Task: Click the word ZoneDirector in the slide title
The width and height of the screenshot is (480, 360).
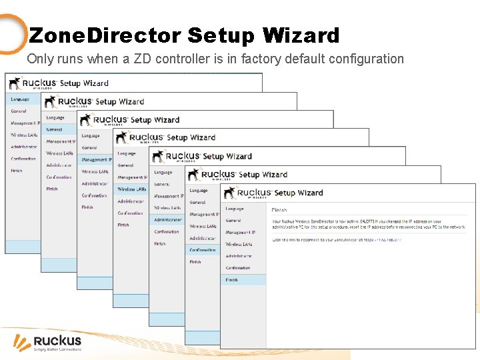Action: click(105, 35)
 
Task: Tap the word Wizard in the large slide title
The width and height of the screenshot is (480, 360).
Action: click(301, 35)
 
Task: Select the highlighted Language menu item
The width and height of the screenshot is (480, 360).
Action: click(20, 99)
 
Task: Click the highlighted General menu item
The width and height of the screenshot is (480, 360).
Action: click(55, 129)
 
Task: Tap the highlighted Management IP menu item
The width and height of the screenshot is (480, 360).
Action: click(96, 160)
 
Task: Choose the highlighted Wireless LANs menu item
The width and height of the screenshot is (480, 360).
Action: click(131, 189)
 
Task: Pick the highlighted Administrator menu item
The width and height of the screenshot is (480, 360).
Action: click(167, 219)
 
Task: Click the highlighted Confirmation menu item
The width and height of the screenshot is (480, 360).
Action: click(203, 250)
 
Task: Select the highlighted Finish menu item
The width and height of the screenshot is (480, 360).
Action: click(232, 280)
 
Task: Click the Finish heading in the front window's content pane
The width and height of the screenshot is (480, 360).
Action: click(279, 210)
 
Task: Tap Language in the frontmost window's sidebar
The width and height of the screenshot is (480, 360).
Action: click(235, 209)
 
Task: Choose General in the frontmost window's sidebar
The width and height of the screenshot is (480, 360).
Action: click(233, 221)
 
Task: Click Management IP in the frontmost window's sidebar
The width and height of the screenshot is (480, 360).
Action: click(240, 233)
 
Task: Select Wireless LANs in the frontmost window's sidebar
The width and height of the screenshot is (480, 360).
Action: click(239, 244)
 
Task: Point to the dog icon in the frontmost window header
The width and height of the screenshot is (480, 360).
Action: click(230, 193)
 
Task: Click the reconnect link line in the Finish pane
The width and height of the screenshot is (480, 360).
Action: click(337, 239)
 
